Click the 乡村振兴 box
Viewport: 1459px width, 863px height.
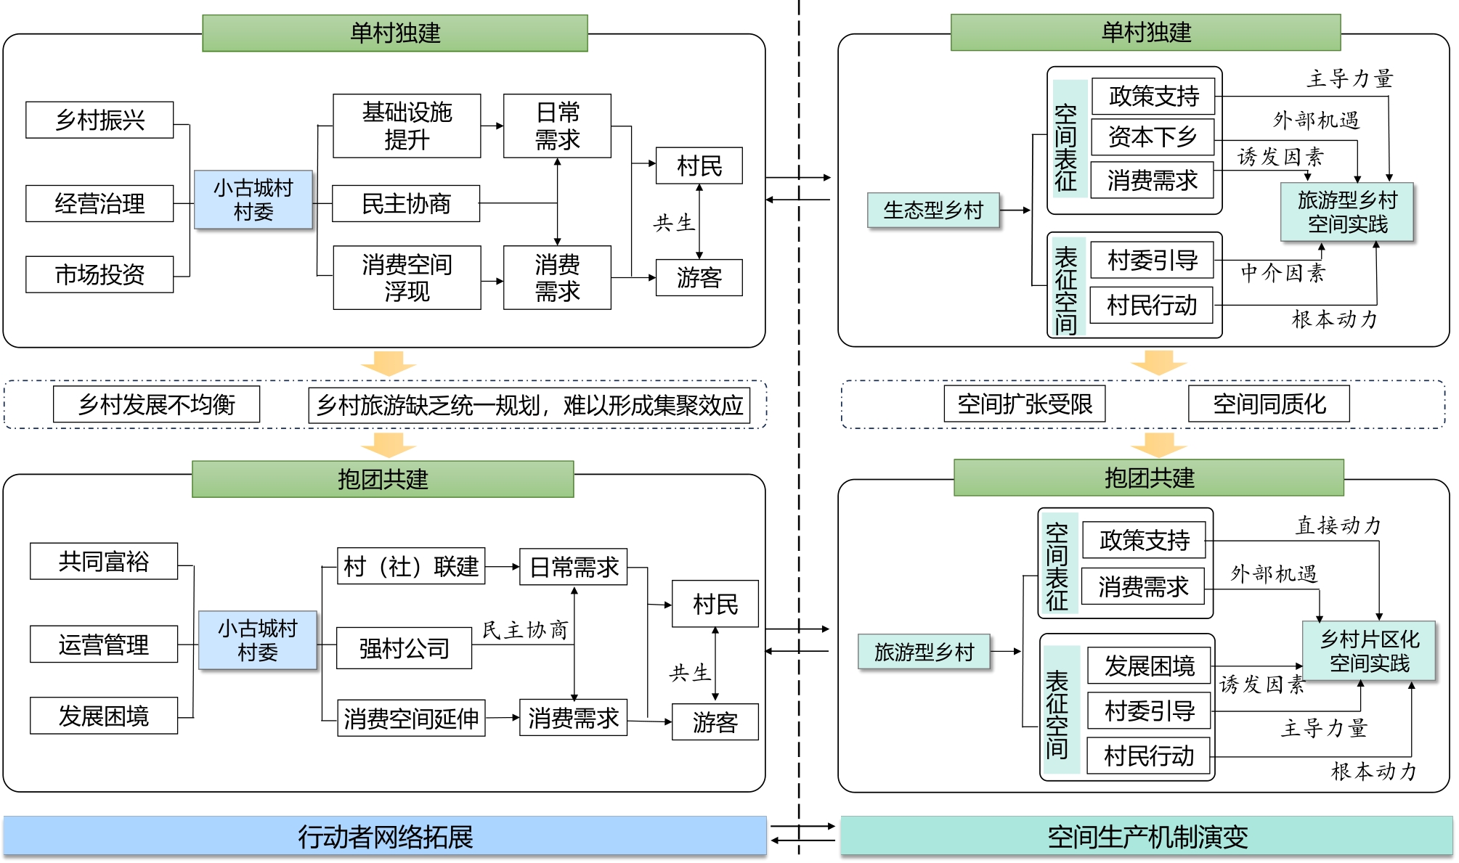point(99,120)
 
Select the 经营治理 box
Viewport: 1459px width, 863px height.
point(99,203)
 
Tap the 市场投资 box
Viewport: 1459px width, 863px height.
point(99,274)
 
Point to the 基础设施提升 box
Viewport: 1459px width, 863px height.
point(407,126)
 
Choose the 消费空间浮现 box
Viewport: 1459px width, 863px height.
point(407,277)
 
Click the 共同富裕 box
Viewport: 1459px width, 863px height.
point(104,561)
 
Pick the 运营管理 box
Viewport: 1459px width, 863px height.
point(104,644)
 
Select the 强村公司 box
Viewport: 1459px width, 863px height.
point(404,648)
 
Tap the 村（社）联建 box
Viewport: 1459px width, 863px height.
point(411,566)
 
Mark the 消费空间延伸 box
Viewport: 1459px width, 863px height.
point(411,719)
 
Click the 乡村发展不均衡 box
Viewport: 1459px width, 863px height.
point(156,404)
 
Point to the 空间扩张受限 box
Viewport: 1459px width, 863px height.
point(1024,404)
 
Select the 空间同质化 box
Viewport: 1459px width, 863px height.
point(1269,404)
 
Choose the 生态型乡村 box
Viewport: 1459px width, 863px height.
point(933,210)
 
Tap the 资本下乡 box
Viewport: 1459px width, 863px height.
point(1153,136)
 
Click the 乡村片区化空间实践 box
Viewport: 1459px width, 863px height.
point(1369,651)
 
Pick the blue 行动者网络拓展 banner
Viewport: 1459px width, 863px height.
point(385,836)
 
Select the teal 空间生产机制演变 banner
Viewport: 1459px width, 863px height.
point(1147,836)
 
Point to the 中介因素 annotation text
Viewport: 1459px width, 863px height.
point(1283,273)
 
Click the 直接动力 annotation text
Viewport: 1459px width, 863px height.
point(1338,525)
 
